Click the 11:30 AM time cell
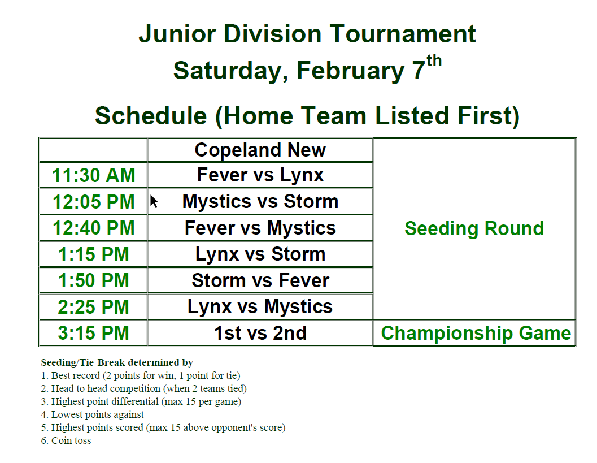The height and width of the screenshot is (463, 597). tap(93, 175)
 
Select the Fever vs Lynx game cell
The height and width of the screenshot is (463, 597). tap(260, 175)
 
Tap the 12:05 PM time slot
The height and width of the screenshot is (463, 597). tap(93, 202)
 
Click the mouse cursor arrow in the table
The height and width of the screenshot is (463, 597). tap(154, 202)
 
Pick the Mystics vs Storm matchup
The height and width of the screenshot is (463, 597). tap(260, 202)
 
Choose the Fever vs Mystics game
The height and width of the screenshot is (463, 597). tap(260, 228)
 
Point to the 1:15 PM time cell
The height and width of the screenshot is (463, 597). tap(93, 254)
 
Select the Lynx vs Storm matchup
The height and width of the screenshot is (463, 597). tap(260, 254)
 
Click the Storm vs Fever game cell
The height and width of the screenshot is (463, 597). tap(260, 280)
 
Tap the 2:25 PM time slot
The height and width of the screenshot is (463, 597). tap(93, 307)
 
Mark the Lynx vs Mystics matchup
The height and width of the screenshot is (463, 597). tap(260, 307)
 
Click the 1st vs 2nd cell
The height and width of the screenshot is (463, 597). tap(260, 333)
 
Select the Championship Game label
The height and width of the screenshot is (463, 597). tap(476, 333)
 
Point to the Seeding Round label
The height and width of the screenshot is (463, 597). tap(474, 228)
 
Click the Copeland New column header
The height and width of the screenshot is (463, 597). tap(260, 150)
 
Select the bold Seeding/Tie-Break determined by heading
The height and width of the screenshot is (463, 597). tap(117, 362)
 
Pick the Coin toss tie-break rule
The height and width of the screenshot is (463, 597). tap(66, 440)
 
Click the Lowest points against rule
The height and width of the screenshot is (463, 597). tap(92, 414)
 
